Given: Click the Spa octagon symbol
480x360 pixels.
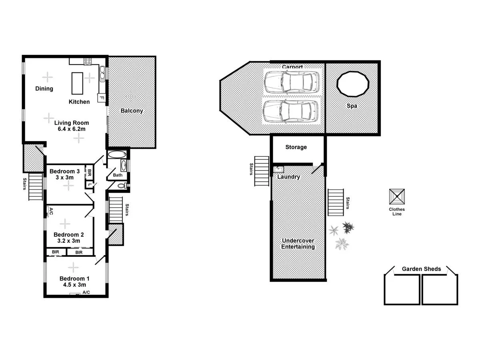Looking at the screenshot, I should click(x=352, y=84).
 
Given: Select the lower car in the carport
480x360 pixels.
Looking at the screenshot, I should click(x=291, y=110).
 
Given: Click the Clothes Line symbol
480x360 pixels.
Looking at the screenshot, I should click(x=397, y=197).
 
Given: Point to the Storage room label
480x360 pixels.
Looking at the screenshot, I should click(x=296, y=147).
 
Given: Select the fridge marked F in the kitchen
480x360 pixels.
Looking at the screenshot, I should click(x=101, y=98).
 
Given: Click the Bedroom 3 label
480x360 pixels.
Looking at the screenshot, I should click(x=64, y=171).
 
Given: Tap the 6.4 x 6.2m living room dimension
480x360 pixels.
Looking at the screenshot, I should click(x=72, y=129).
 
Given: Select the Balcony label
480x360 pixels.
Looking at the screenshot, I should click(x=132, y=111).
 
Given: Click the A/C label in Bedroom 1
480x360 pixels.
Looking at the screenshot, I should click(x=86, y=292).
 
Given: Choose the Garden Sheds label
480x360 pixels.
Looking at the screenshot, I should click(x=421, y=269).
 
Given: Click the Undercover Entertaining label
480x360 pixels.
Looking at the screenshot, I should click(x=298, y=244).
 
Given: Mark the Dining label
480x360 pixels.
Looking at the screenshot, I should click(x=44, y=88).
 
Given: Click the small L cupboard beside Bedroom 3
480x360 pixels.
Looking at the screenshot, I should click(x=89, y=185).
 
